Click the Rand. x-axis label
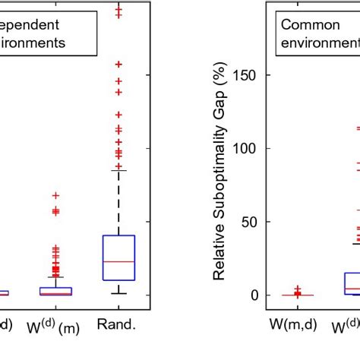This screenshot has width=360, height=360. pyautogui.click(x=118, y=326)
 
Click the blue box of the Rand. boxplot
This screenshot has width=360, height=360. pyautogui.click(x=118, y=257)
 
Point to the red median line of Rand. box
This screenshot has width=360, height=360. pyautogui.click(x=118, y=261)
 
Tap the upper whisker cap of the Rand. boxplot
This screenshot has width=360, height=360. pyautogui.click(x=118, y=170)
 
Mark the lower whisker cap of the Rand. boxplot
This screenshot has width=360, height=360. pyautogui.click(x=118, y=293)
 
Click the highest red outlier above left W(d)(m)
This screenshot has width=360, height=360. pyautogui.click(x=55, y=195)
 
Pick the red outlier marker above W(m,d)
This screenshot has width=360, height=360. pyautogui.click(x=298, y=289)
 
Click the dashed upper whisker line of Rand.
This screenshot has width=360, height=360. pyautogui.click(x=118, y=201)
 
